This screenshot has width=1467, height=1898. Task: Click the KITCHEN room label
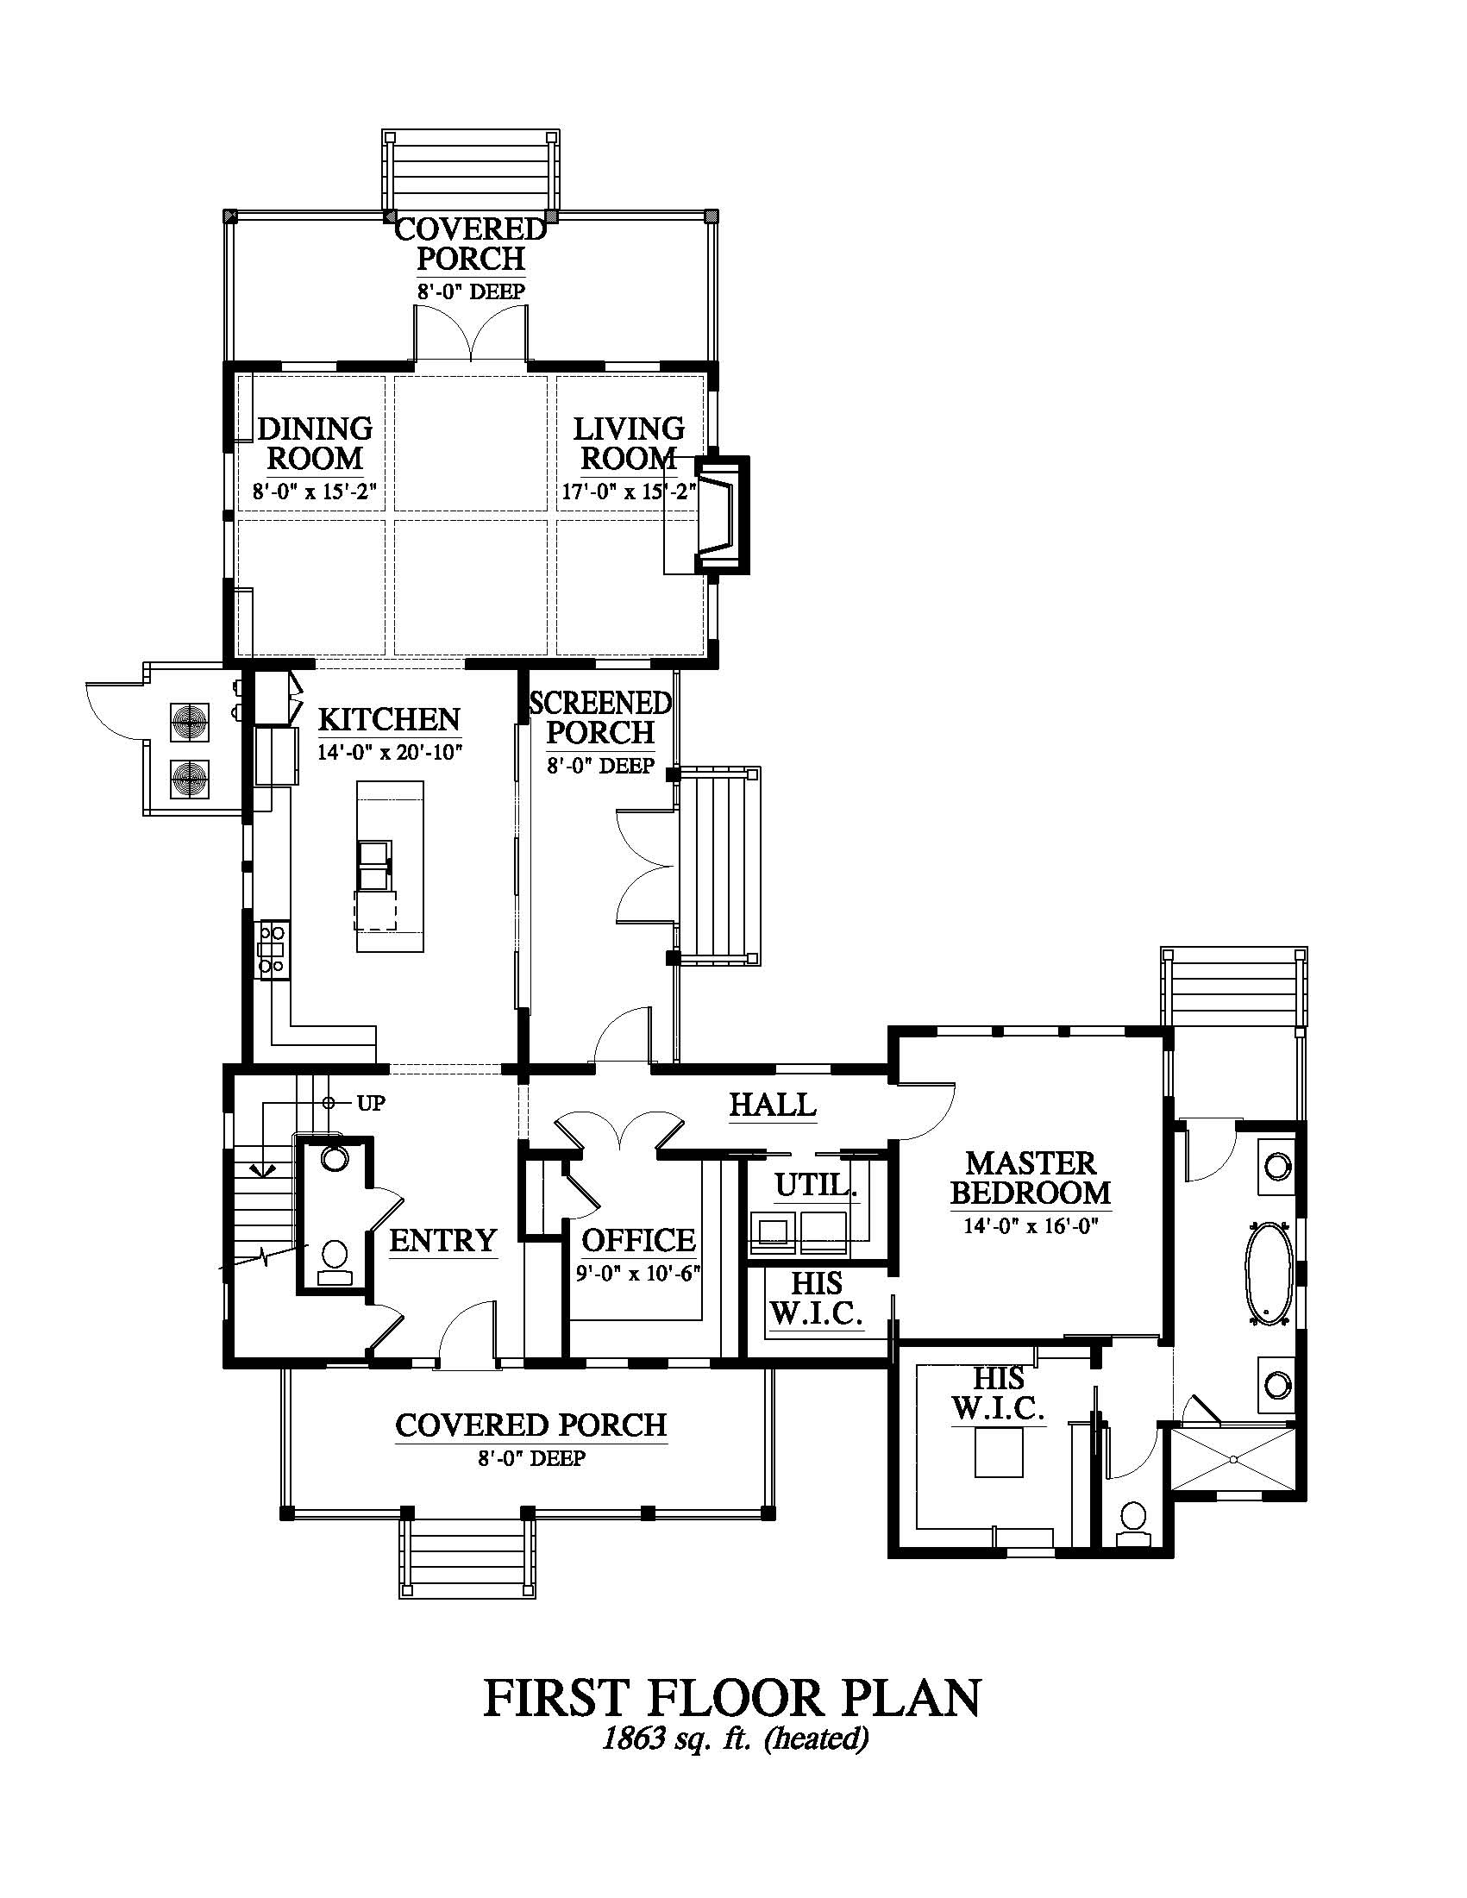coord(388,719)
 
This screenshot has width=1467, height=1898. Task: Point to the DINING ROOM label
coord(315,442)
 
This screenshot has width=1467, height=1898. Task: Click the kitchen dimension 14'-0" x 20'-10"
coord(389,752)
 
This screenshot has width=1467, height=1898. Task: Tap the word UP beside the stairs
coord(371,1104)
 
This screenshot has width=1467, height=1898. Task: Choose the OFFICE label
coord(639,1240)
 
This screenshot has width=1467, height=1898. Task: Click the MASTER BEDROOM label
coord(1031,1178)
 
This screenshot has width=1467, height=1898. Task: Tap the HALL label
coord(773,1105)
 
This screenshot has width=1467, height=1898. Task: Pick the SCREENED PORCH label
coord(600,717)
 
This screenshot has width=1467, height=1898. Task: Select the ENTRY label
coord(442,1240)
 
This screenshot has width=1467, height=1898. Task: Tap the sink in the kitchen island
coord(375,865)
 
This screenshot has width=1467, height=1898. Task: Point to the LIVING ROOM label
coord(630,442)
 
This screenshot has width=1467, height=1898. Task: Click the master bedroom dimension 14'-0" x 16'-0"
coord(1031,1226)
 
